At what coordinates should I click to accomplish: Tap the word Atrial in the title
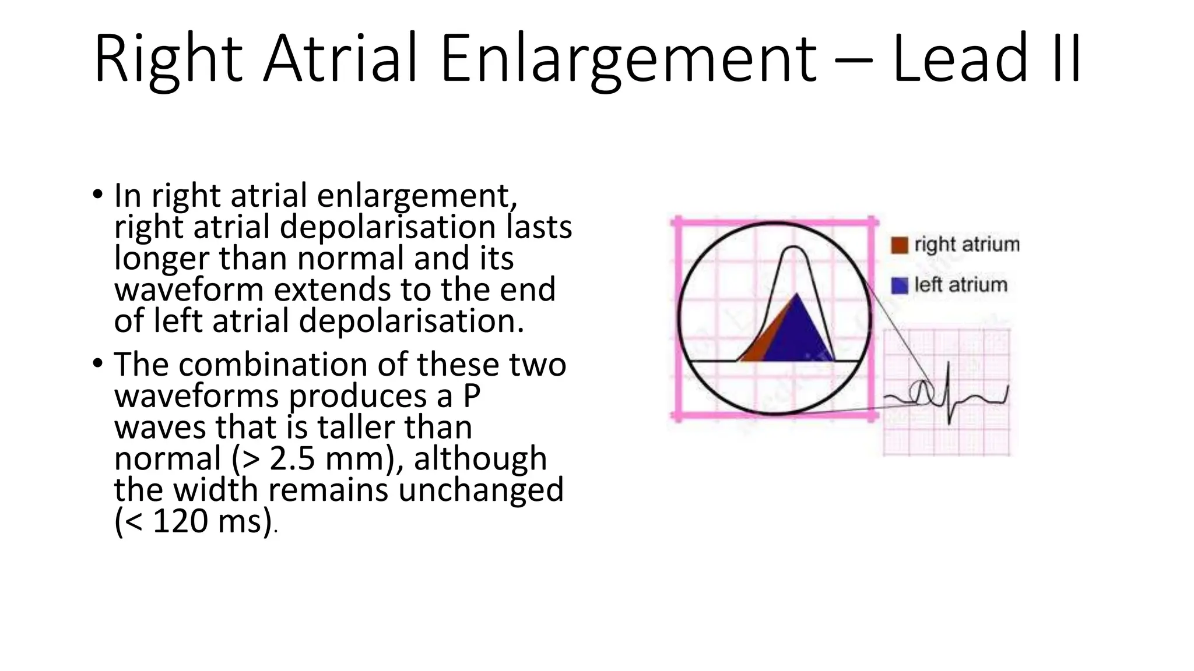pos(341,59)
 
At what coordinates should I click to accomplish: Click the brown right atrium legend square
pos(900,245)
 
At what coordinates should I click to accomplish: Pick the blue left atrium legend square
pos(900,285)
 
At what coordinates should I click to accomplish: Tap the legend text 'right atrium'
pos(967,245)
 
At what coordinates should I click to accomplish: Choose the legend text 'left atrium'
pos(960,285)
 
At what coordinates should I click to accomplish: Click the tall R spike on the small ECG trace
pos(949,379)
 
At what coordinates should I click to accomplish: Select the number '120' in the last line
pos(180,521)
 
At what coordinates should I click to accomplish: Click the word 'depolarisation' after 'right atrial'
pos(387,227)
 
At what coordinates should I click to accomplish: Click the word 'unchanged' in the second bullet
pos(481,489)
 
